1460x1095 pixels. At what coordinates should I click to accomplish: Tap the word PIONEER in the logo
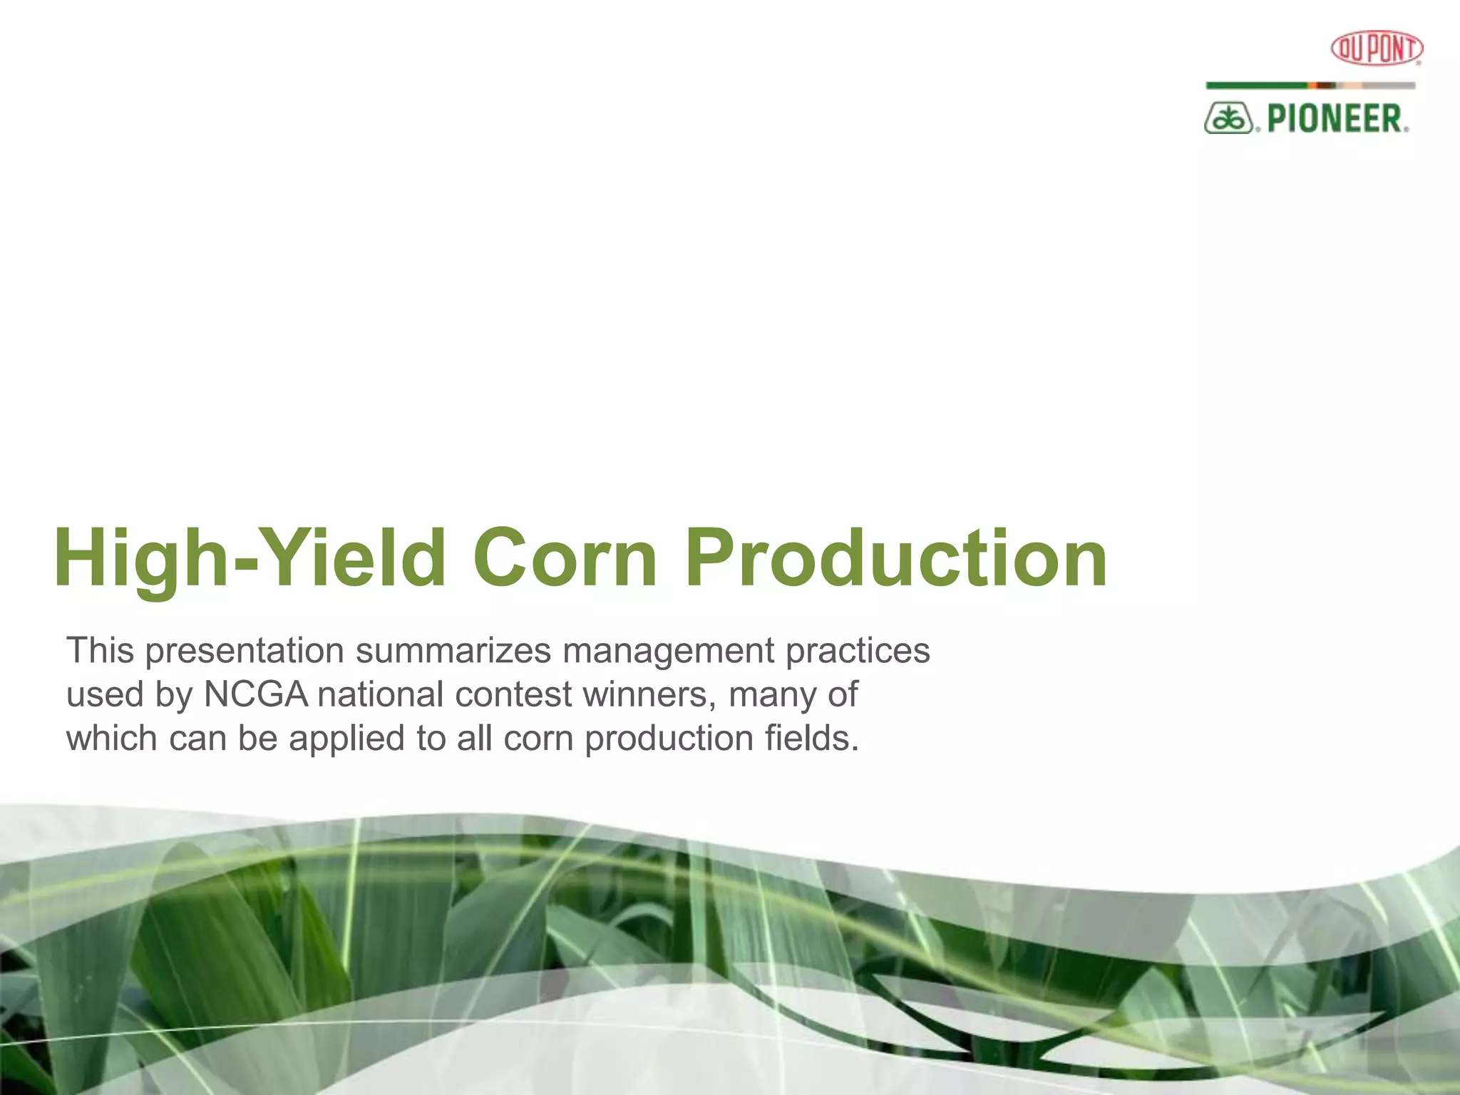(1335, 118)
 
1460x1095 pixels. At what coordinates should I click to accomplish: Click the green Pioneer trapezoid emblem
(1228, 118)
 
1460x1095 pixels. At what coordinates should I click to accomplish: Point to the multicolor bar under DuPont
(1310, 86)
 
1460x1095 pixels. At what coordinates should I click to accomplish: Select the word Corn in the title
(565, 560)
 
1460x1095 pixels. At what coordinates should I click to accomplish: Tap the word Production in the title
(895, 560)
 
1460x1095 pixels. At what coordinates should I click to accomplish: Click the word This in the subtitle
(100, 650)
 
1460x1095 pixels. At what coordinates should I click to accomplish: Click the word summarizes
(453, 650)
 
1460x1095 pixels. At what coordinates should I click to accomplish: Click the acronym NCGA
(255, 694)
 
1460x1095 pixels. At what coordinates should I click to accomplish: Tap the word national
(381, 694)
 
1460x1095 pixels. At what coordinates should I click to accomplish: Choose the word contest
(513, 694)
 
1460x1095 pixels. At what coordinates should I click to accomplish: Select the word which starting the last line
(111, 738)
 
